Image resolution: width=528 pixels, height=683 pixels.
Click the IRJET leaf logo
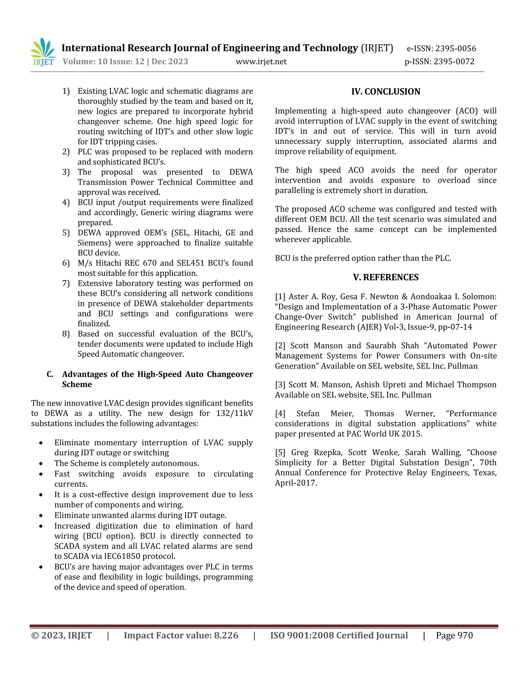point(43,51)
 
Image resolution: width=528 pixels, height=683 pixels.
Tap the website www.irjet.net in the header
point(261,62)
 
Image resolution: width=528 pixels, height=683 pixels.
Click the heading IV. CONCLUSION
point(386,92)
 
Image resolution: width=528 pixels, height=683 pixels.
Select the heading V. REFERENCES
point(386,277)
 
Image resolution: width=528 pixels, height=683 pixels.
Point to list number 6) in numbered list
point(66,263)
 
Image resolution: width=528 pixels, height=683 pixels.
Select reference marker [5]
point(280,453)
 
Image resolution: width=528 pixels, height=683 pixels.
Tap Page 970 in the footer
point(454,636)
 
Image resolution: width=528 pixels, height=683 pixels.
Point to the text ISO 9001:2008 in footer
point(297,636)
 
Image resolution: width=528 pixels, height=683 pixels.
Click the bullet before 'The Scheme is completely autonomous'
point(41,463)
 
